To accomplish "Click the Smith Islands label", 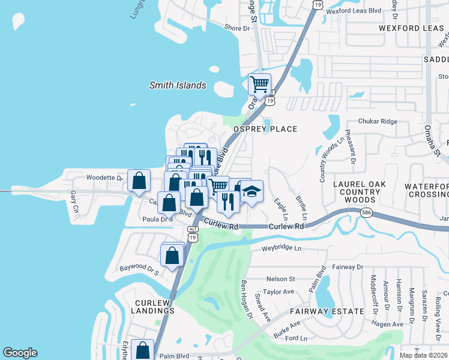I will (178, 85).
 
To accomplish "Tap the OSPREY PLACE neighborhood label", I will (265, 129).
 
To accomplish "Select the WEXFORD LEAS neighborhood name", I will (410, 28).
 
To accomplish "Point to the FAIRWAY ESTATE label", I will (327, 311).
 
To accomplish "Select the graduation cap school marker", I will (252, 191).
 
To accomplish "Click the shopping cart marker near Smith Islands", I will (259, 85).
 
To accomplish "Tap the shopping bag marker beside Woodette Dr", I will (139, 180).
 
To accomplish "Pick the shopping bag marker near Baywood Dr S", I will (172, 254).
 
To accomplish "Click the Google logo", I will (20, 353).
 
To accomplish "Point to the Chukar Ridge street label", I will (378, 121).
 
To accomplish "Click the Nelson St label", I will (280, 278).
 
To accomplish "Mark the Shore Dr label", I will (237, 28).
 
